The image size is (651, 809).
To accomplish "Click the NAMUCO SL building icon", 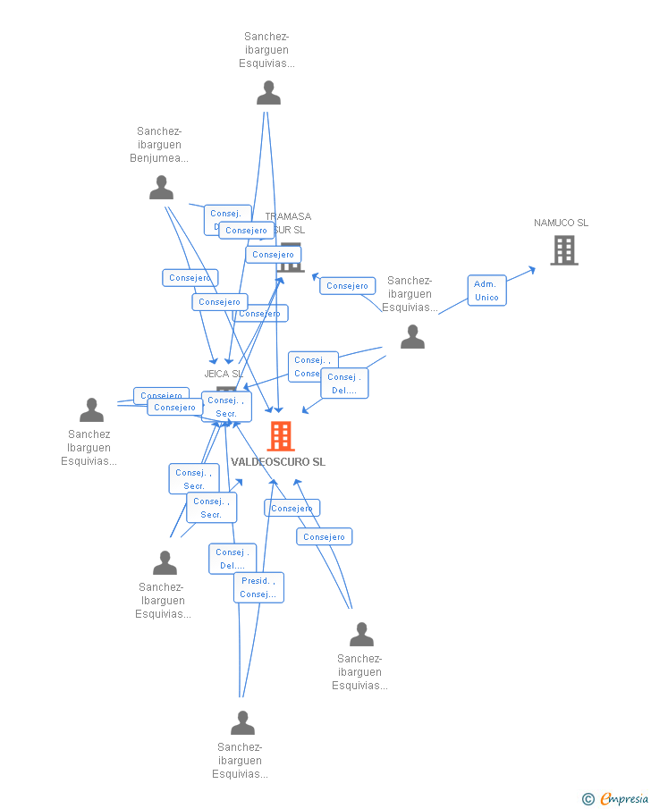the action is point(564,250).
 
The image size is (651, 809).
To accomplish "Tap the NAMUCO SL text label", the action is point(561,223).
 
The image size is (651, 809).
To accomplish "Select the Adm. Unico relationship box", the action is point(486,291).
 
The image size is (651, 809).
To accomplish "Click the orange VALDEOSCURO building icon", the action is point(281,436).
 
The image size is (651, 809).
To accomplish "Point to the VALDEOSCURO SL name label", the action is point(278,462).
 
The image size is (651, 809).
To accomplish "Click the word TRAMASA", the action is point(289,216).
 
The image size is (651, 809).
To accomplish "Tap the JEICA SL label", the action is point(224,374).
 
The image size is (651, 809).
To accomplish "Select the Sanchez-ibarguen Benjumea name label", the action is point(159,145).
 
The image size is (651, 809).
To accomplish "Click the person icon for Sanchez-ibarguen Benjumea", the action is point(162,188).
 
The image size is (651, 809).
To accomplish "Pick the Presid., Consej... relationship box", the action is point(258,587).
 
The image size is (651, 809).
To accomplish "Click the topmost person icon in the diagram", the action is point(268,93).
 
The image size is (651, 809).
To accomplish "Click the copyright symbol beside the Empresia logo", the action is point(588,799).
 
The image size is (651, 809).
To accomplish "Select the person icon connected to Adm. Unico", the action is point(412,337).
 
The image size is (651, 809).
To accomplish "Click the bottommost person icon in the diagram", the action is point(242,722).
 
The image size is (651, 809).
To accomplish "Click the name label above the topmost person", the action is point(266,50).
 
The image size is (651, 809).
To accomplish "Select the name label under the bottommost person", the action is point(240,761).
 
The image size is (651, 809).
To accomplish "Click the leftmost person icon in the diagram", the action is point(91,410).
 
